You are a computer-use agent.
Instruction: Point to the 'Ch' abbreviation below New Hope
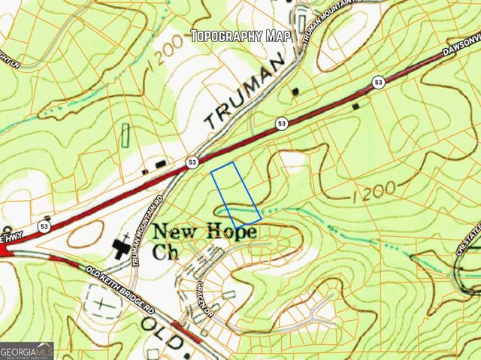coord(164,253)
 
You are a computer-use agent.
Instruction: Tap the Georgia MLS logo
coord(27,350)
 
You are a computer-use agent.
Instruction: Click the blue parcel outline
coord(235,195)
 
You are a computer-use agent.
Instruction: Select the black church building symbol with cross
coord(120,247)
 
